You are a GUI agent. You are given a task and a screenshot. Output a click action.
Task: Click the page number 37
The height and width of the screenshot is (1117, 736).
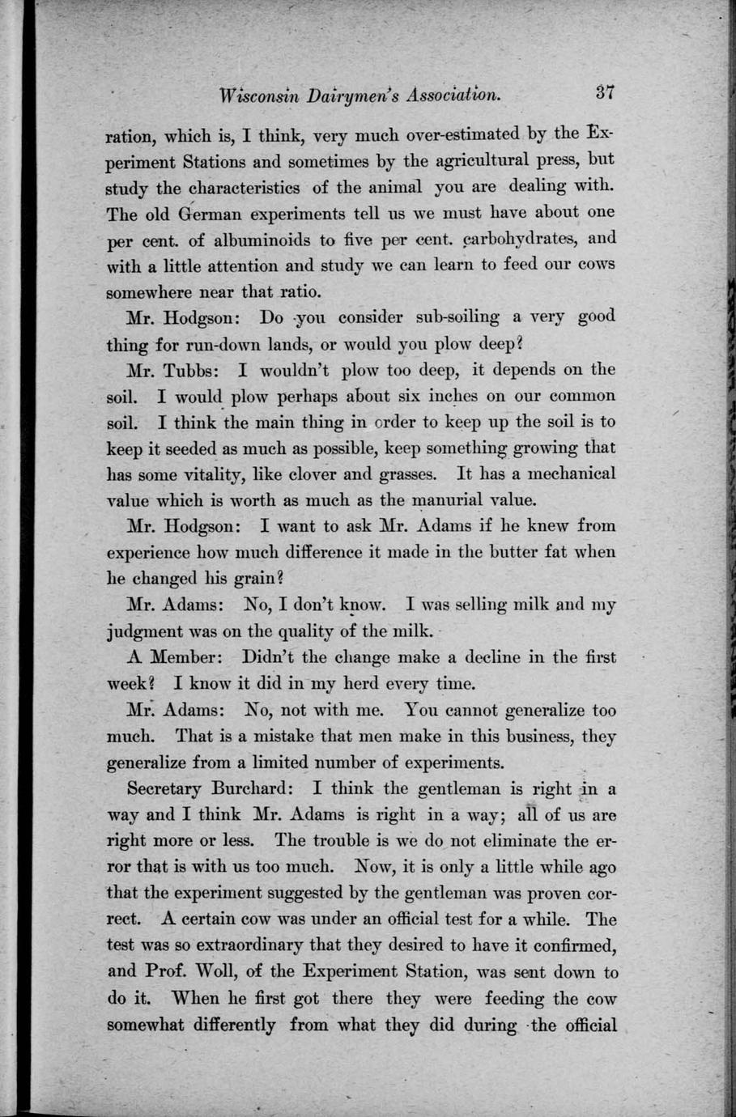click(605, 91)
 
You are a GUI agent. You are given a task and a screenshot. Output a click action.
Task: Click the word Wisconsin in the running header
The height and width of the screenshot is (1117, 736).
click(257, 94)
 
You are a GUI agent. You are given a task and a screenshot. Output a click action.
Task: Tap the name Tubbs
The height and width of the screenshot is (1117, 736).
click(195, 370)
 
